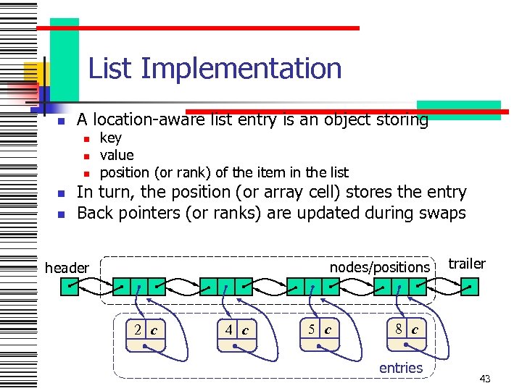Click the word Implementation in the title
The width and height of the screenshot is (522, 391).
(241, 69)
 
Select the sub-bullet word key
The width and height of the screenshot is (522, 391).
(111, 138)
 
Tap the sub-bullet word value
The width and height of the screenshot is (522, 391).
(117, 155)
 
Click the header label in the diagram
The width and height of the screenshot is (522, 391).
(67, 268)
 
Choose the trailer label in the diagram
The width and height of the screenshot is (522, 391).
(468, 264)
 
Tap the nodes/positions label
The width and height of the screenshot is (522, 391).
(380, 267)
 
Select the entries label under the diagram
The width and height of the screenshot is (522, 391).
(400, 368)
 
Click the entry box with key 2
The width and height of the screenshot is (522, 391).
(146, 333)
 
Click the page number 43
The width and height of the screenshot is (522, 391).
(485, 379)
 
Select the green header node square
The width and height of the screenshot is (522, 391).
(69, 287)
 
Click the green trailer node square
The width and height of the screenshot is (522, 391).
(470, 287)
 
